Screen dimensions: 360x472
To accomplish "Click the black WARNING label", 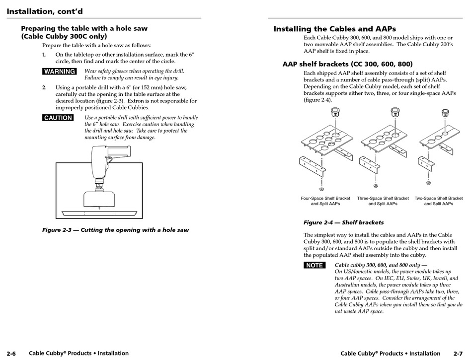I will click(x=60, y=72).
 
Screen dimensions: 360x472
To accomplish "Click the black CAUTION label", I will click(x=58, y=118).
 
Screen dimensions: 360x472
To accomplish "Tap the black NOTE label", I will click(x=314, y=265).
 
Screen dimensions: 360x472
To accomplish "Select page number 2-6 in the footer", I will click(x=11, y=354).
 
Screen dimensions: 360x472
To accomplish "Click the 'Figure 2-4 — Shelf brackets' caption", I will click(x=343, y=222).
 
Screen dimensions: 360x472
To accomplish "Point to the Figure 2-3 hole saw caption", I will click(x=115, y=230).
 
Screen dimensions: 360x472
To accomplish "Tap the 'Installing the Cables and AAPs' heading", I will click(x=334, y=29).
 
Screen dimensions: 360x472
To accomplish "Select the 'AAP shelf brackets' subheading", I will click(x=347, y=64).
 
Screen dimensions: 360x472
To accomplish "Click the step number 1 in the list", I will click(x=44, y=55).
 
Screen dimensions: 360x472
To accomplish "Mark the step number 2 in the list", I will click(x=44, y=87).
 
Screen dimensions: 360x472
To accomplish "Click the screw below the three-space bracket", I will click(x=379, y=189).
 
